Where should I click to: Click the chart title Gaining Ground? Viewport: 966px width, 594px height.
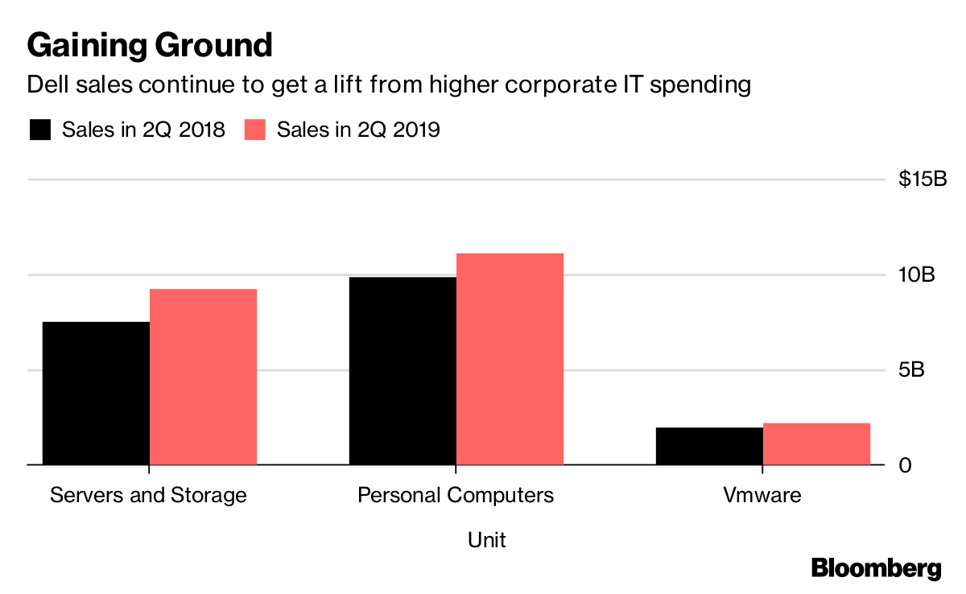[x=150, y=45]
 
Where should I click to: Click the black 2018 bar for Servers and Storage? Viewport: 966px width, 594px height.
[x=96, y=394]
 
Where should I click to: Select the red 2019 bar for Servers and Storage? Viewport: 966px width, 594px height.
[x=203, y=377]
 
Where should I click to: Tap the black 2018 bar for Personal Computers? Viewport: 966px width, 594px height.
[x=402, y=370]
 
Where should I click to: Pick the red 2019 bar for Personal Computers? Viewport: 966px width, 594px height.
[x=510, y=359]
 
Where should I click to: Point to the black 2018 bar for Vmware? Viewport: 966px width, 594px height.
[x=709, y=446]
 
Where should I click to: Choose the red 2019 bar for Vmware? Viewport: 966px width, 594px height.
[x=816, y=443]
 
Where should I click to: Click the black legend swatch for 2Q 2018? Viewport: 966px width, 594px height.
[x=40, y=130]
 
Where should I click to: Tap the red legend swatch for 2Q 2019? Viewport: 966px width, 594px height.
[x=255, y=130]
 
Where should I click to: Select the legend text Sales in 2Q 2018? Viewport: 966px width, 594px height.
[x=143, y=130]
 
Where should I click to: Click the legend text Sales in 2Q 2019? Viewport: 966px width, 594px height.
[x=358, y=130]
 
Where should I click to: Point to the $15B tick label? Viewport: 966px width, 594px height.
[x=923, y=179]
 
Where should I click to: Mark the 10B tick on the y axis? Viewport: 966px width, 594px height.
[x=917, y=275]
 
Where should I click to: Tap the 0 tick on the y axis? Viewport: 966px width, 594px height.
[x=906, y=466]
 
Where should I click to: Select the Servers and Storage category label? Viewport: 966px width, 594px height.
[x=148, y=494]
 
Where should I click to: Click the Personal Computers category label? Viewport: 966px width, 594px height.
[x=456, y=494]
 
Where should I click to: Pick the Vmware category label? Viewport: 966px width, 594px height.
[x=762, y=494]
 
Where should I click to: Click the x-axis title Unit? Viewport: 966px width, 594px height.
[x=487, y=539]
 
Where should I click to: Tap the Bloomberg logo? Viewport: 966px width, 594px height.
[x=876, y=567]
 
